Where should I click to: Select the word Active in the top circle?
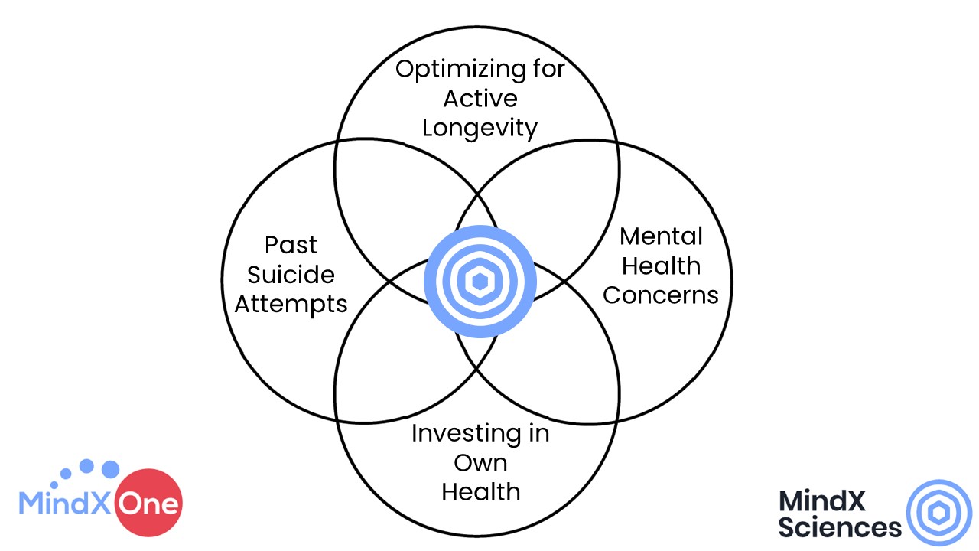coord(480,99)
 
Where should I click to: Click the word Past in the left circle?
coord(291,245)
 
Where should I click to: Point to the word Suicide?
coord(291,274)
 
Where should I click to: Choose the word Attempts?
coord(291,304)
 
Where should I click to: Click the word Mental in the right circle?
coord(661,236)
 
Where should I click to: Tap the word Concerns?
coord(661,295)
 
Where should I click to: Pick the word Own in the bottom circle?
coord(480,462)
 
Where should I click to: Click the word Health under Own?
coord(480,491)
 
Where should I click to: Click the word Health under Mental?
coord(661,266)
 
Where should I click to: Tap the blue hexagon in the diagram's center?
coord(480,282)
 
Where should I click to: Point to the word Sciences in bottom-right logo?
coord(840,527)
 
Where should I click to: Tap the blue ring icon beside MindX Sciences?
coord(938,513)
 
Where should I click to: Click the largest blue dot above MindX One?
coord(110,468)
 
